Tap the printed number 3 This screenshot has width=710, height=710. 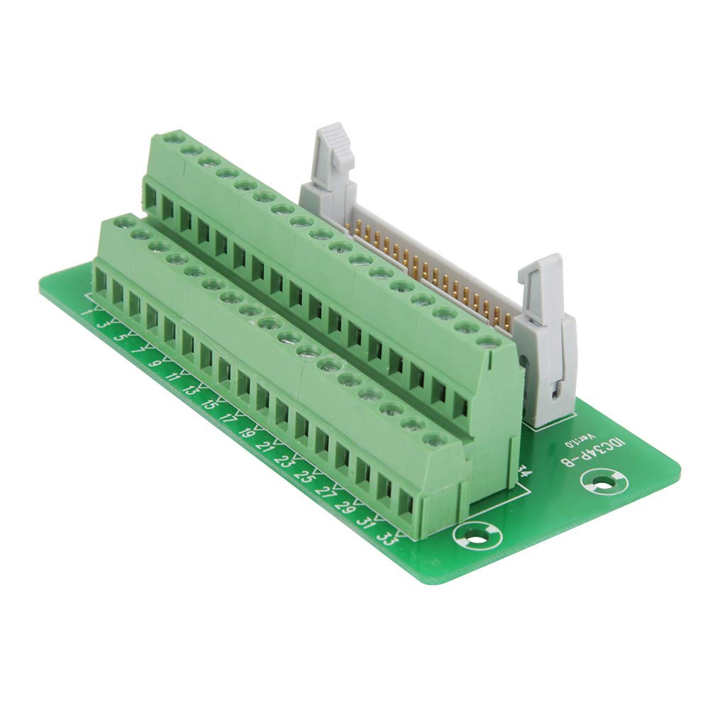point(103,324)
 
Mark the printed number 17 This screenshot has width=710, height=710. point(228,419)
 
